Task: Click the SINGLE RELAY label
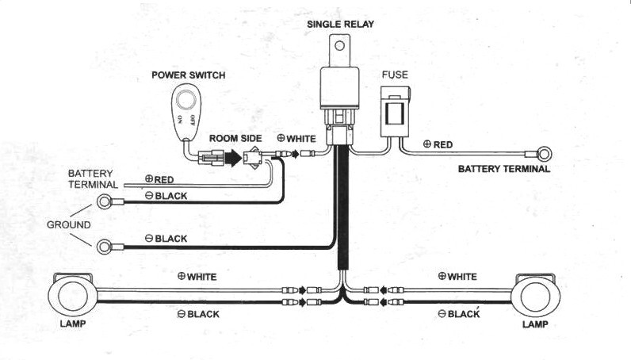[x=340, y=24]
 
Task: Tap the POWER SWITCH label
[x=189, y=75]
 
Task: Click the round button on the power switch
[x=186, y=99]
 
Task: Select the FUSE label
[x=395, y=75]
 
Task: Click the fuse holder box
[x=396, y=112]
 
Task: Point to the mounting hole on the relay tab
[x=339, y=45]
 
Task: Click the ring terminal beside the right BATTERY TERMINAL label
[x=544, y=154]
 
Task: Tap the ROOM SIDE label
[x=235, y=139]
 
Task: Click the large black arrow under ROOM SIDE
[x=233, y=158]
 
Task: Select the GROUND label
[x=69, y=224]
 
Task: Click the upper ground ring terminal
[x=105, y=201]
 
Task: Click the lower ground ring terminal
[x=105, y=247]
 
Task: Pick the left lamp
[x=72, y=295]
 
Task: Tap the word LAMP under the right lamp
[x=535, y=324]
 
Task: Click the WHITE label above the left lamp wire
[x=201, y=277]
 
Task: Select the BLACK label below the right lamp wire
[x=464, y=314]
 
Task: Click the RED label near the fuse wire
[x=443, y=145]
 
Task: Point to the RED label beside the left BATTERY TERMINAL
[x=164, y=179]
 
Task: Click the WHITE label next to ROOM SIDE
[x=301, y=139]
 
